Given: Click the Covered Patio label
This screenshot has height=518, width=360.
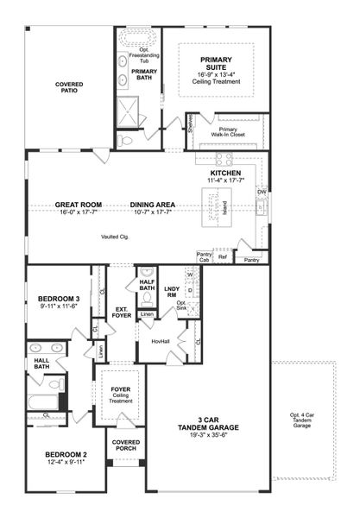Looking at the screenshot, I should click(68, 89).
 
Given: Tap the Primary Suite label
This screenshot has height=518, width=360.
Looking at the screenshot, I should click(217, 65).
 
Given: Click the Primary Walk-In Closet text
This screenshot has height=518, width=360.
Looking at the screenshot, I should click(228, 132).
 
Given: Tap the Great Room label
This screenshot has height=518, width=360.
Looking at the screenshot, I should click(79, 205).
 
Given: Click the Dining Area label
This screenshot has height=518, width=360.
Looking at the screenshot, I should click(153, 205).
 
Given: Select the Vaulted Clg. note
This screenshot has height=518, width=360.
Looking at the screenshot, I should click(115, 236).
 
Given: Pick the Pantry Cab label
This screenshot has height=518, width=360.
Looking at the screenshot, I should click(205, 258).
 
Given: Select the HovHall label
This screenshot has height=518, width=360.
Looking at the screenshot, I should click(161, 341).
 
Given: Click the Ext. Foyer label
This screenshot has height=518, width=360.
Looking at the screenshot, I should click(121, 312).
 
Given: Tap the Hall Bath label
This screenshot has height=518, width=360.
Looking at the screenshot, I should click(41, 366).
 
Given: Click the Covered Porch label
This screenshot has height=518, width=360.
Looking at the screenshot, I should click(126, 445).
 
